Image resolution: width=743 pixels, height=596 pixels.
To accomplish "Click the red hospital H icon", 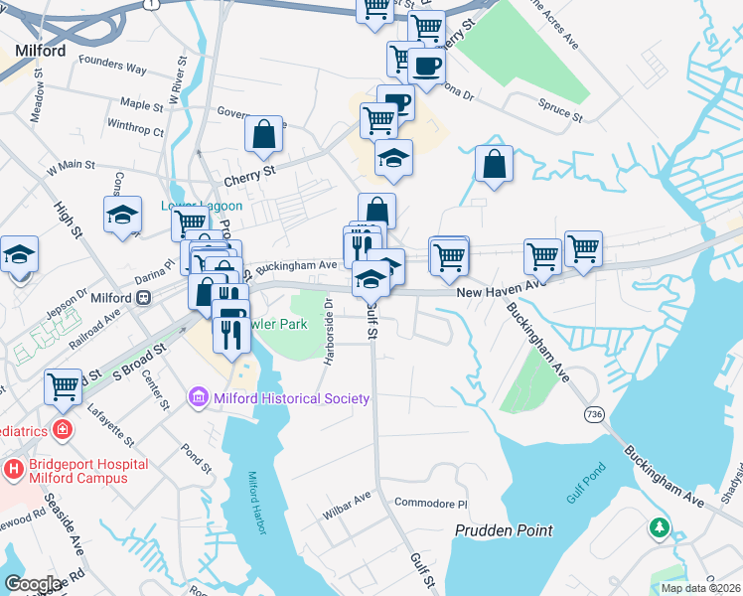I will click(15, 467).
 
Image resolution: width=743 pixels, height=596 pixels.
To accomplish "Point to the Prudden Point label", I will click(504, 530).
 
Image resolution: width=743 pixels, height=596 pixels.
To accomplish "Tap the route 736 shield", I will click(594, 412).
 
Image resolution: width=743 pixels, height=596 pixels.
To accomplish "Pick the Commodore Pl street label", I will click(430, 504).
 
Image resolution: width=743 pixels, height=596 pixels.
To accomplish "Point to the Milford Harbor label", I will click(256, 503).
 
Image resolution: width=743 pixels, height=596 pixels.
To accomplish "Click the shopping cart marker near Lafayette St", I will click(64, 384).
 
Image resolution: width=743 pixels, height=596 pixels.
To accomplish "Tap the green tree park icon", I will click(659, 526).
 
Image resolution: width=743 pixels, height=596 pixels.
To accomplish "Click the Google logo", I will click(33, 584).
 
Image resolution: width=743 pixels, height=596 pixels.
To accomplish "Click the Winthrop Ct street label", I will click(135, 128).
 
